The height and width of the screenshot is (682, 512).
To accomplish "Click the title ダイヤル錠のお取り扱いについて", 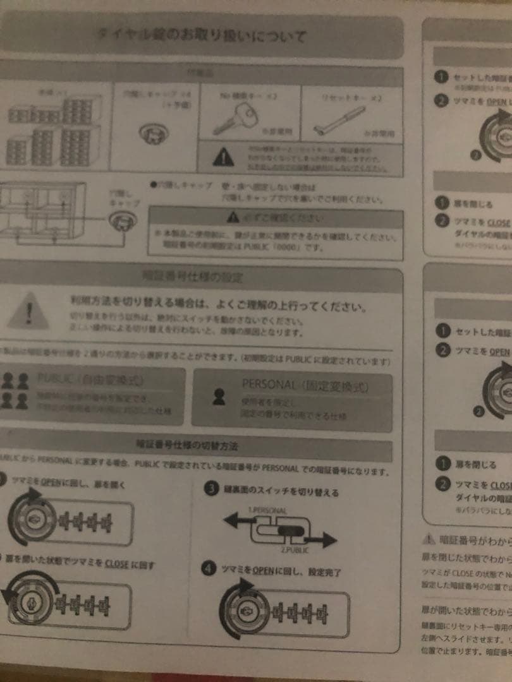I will [x=202, y=35].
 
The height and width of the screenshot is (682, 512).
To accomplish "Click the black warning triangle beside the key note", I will [x=223, y=157].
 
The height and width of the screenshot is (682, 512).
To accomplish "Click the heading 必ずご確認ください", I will [x=276, y=218].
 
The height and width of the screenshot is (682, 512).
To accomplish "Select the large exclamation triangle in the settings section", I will [x=28, y=310].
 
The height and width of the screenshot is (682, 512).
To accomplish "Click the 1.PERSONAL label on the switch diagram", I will [x=267, y=510].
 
